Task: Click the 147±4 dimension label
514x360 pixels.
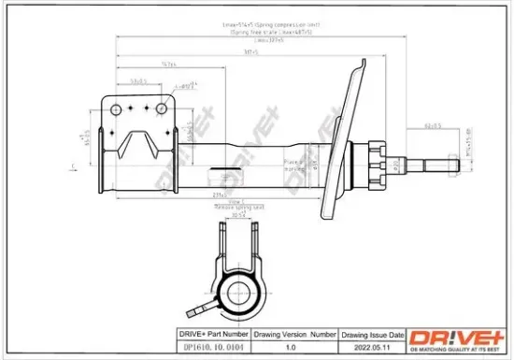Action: (x=169, y=65)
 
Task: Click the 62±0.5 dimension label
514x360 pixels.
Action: (x=432, y=124)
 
